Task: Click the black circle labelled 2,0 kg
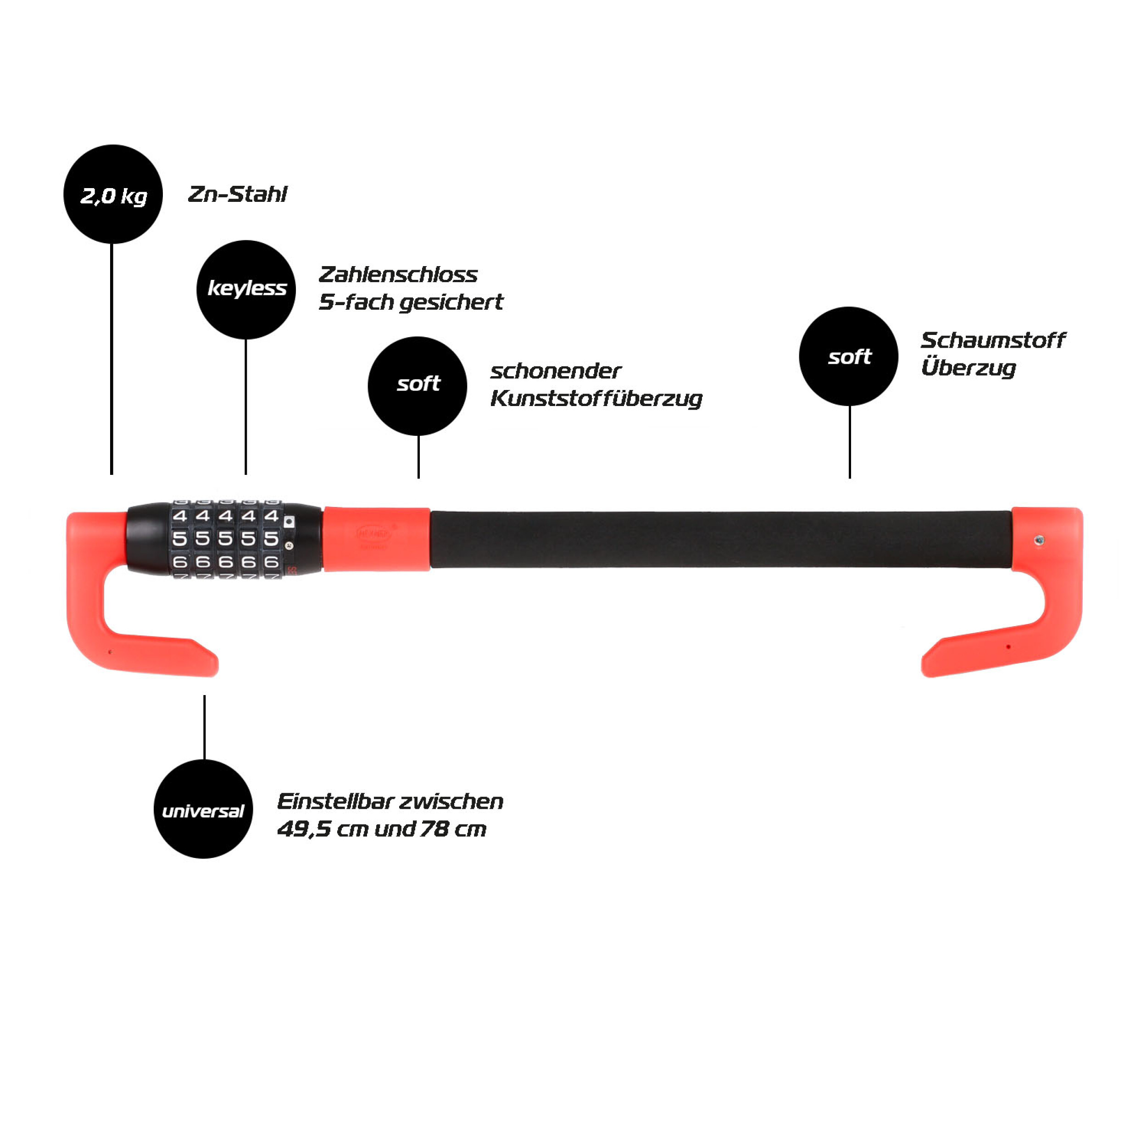pos(113,194)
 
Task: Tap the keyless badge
pos(246,289)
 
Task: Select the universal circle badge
pos(203,808)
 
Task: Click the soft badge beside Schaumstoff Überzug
pos(848,356)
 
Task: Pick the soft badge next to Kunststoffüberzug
pos(418,386)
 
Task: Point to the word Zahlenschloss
pos(398,274)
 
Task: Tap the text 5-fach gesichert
pos(410,302)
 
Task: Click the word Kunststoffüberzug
pos(596,398)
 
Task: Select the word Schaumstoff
pos(993,340)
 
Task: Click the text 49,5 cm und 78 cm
pos(381,829)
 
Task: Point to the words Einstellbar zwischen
pos(390,802)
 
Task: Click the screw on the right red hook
pos(1039,540)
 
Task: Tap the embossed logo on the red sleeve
pos(374,533)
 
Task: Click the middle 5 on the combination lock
pos(226,539)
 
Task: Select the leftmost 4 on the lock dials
pos(180,516)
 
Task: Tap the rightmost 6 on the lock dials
pos(271,562)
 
